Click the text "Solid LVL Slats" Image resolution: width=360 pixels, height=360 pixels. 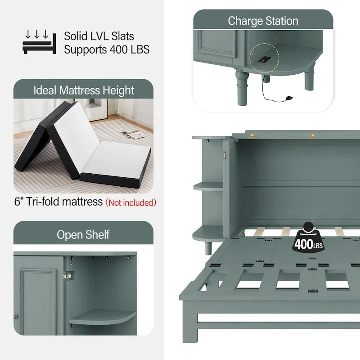click(99, 36)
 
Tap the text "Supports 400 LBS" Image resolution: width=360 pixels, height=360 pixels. click(107, 49)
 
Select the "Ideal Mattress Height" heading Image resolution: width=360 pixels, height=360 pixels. click(84, 90)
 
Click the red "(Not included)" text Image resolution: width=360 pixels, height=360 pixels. click(130, 202)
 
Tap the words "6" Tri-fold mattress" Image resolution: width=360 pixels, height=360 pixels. click(58, 202)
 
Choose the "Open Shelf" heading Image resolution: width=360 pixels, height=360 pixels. click(83, 234)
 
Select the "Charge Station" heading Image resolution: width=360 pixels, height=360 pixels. click(263, 21)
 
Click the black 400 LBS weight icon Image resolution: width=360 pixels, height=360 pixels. click(308, 238)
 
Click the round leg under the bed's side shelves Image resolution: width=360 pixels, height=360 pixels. click(208, 248)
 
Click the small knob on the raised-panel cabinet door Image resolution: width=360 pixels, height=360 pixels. click(16, 317)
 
